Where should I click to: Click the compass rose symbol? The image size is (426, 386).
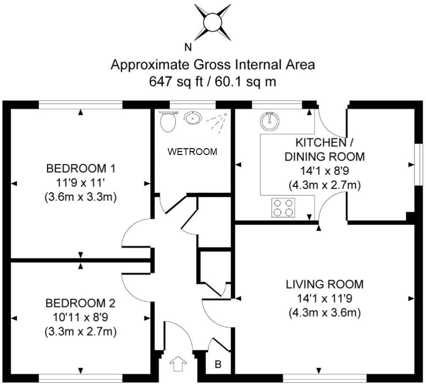click(x=213, y=22)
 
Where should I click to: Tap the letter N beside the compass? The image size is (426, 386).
click(x=188, y=47)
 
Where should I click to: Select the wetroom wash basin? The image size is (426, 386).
click(x=193, y=118)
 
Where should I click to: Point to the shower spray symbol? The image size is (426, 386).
click(x=216, y=121)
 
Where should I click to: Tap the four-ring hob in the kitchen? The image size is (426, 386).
click(x=283, y=208)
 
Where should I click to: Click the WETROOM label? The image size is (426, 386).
click(x=192, y=152)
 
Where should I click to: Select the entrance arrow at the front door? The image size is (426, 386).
click(x=178, y=363)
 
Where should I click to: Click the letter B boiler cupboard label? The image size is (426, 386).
click(x=218, y=364)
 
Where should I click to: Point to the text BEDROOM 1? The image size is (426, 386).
click(x=81, y=169)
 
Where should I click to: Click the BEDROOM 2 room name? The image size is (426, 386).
click(x=80, y=303)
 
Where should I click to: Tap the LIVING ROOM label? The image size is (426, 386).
click(x=324, y=284)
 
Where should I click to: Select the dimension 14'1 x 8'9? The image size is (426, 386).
click(x=324, y=171)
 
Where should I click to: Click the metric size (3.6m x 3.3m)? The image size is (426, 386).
click(x=80, y=197)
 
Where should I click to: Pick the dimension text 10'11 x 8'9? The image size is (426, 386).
click(x=80, y=317)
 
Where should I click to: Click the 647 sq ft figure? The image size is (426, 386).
click(x=176, y=81)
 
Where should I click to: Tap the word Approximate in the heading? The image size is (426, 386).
click(x=150, y=65)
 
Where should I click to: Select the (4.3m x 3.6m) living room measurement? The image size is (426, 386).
click(x=325, y=312)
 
